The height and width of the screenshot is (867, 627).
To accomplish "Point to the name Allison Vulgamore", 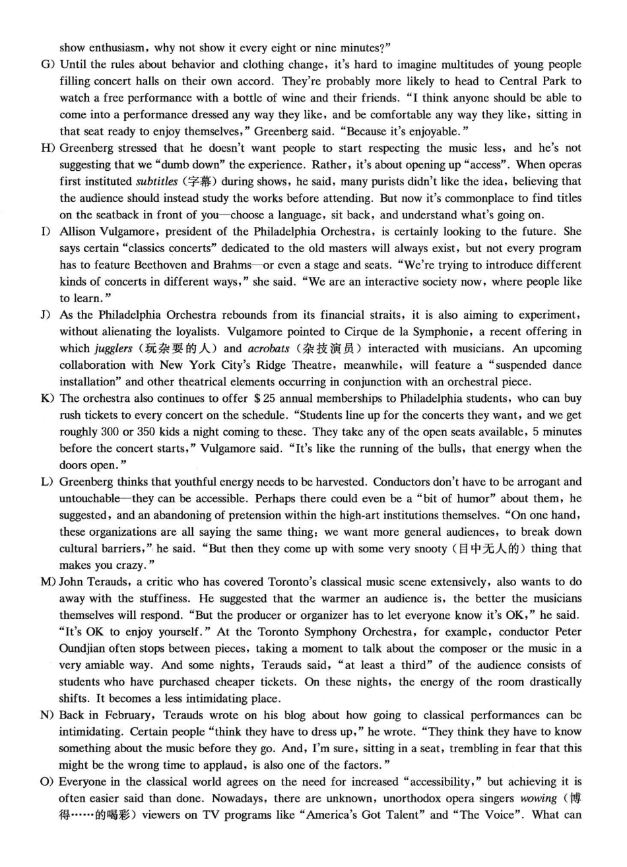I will pyautogui.click(x=107, y=232).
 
